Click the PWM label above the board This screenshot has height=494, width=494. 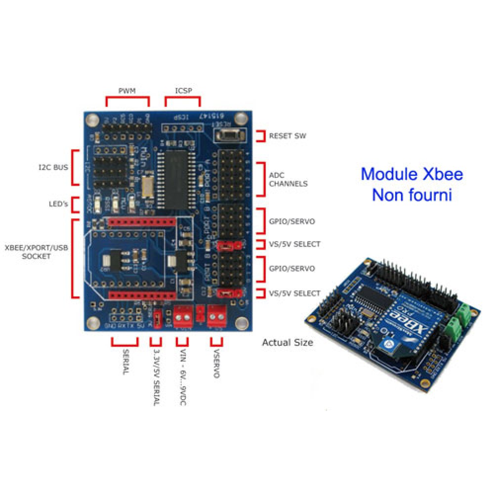coord(127,91)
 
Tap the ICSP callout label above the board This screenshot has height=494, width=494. coord(183,91)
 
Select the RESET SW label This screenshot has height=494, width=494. coord(288,135)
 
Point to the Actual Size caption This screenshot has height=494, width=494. coord(288,342)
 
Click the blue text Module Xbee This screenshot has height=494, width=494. coord(412,174)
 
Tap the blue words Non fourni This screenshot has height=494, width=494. coord(412,195)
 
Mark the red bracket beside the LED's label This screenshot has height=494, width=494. coord(74,204)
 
